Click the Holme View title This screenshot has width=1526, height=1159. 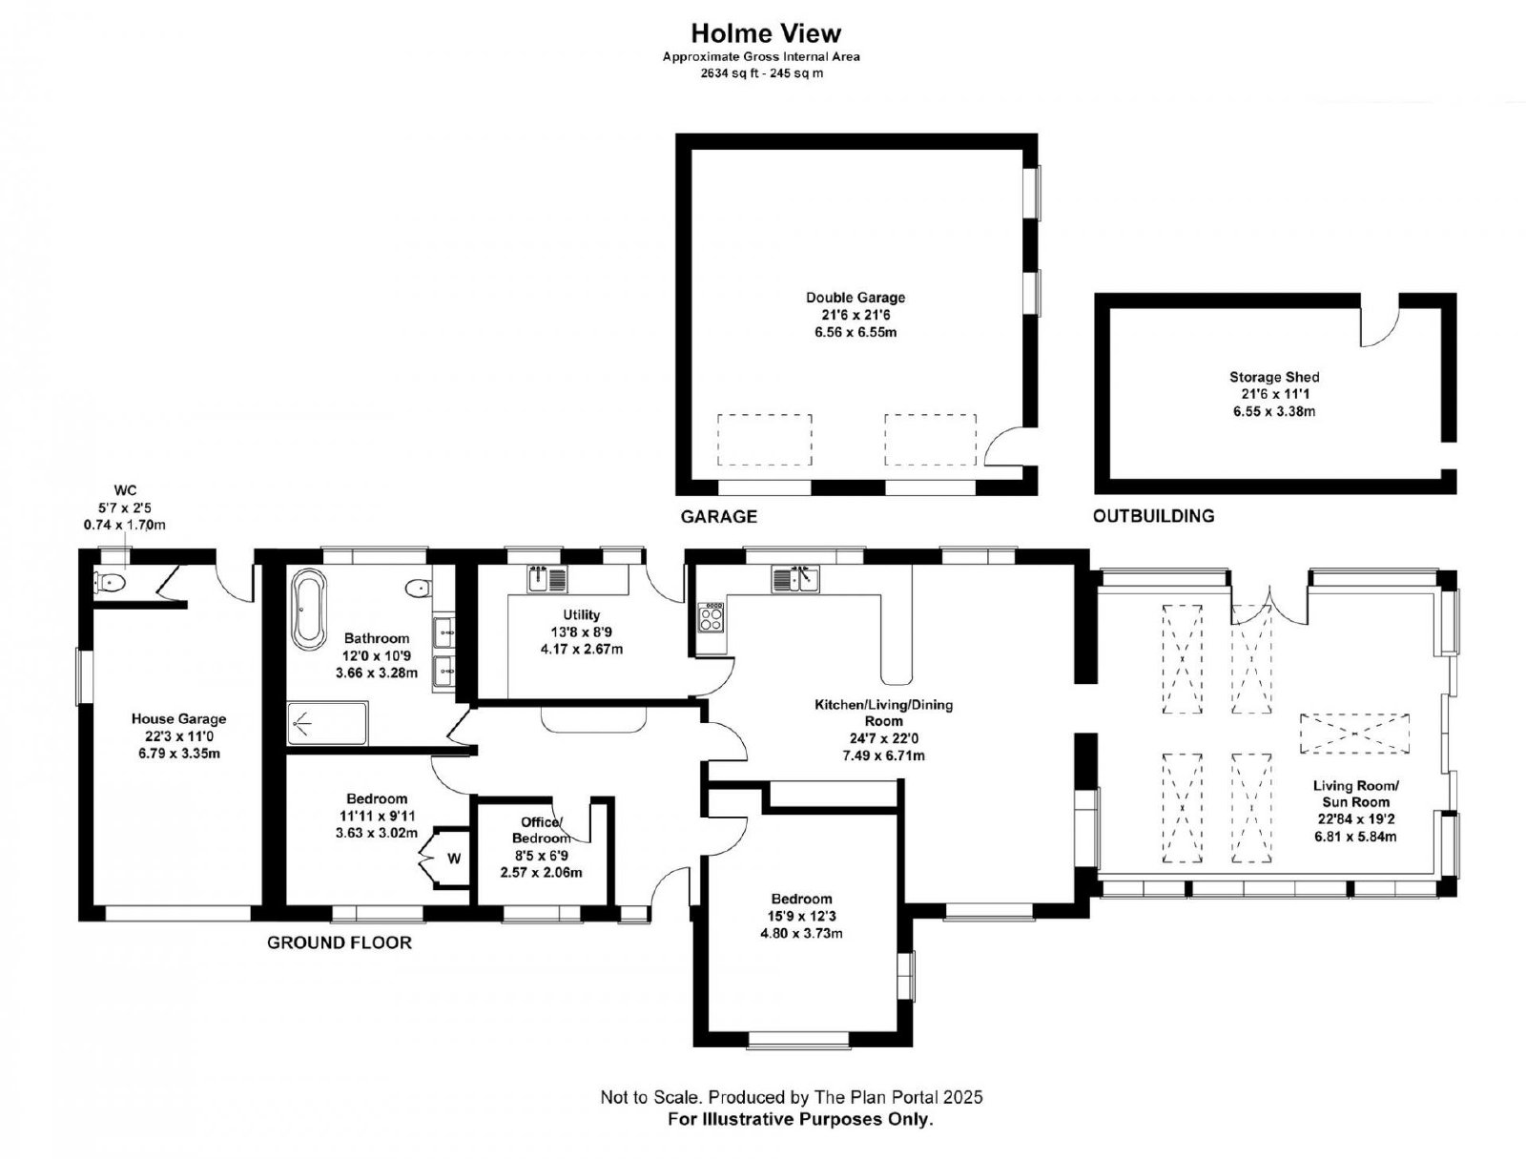pyautogui.click(x=766, y=32)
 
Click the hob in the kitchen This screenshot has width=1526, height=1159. pyautogui.click(x=711, y=616)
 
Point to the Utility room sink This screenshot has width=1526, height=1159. pyautogui.click(x=547, y=579)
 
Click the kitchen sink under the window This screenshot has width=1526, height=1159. pyautogui.click(x=796, y=579)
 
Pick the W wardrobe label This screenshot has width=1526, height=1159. pyautogui.click(x=454, y=859)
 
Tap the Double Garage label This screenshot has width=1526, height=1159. pyautogui.click(x=856, y=298)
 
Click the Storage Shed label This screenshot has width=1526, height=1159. pyautogui.click(x=1273, y=377)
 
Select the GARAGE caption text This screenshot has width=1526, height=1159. pyautogui.click(x=718, y=517)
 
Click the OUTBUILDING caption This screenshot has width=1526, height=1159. pyautogui.click(x=1153, y=516)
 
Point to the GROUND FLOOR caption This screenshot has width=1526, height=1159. pyautogui.click(x=340, y=942)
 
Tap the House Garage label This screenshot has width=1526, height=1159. pyautogui.click(x=178, y=719)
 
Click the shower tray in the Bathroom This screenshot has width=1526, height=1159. pyautogui.click(x=327, y=724)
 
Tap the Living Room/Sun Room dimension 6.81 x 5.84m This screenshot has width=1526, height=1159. pyautogui.click(x=1355, y=838)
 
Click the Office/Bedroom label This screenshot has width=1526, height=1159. pyautogui.click(x=541, y=830)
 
